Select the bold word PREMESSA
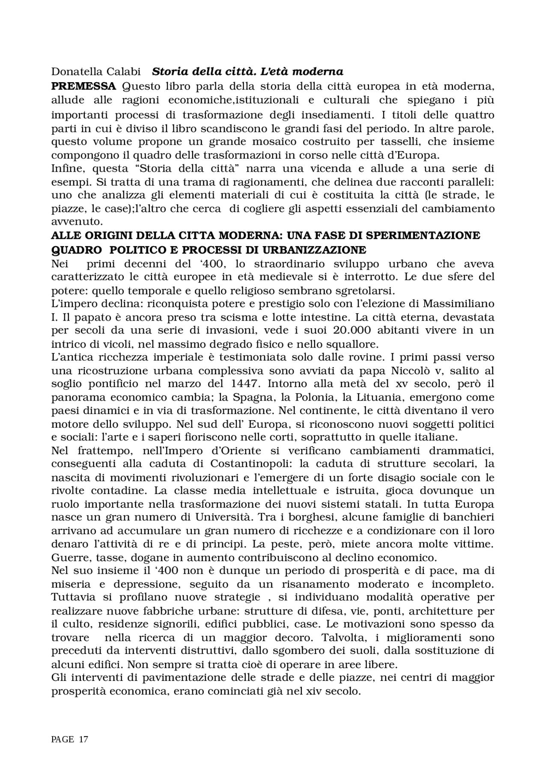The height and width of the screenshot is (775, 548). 83,86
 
